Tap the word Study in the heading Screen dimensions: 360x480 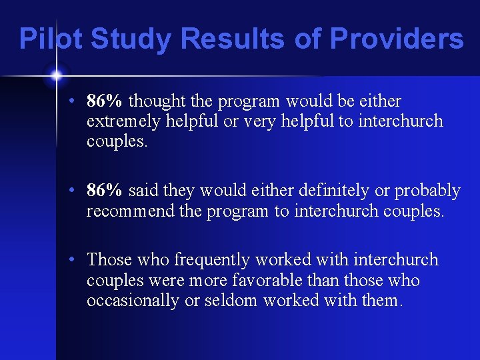tap(131, 39)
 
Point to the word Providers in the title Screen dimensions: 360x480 tap(396, 39)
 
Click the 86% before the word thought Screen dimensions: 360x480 tap(105, 101)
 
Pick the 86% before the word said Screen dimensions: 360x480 tap(105, 191)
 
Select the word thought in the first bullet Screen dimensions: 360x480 tap(157, 101)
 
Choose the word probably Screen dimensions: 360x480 tap(427, 191)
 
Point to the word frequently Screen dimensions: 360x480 tap(179, 260)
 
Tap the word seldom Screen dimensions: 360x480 tap(229, 300)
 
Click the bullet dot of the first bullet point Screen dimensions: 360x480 tap(77, 102)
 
